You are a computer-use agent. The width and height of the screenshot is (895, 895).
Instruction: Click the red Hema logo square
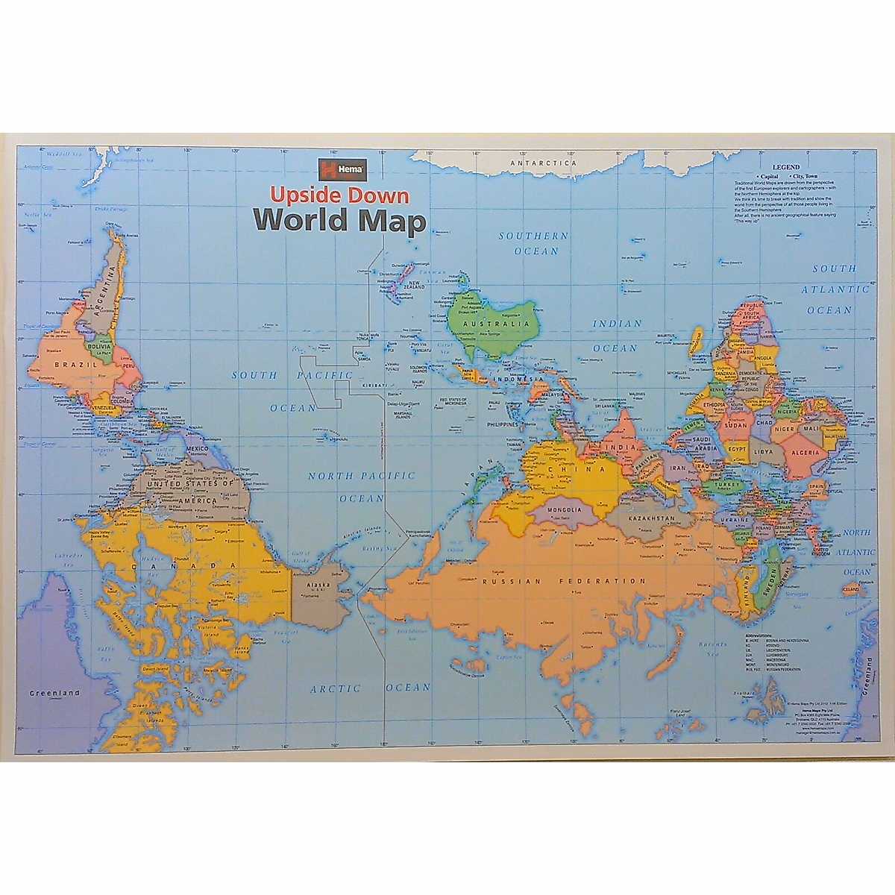pos(326,169)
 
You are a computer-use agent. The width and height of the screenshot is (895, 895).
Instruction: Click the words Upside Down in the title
pos(339,195)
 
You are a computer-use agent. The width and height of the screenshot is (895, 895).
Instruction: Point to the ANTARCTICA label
pos(544,162)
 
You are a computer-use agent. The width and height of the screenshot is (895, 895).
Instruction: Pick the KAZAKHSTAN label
pos(651,518)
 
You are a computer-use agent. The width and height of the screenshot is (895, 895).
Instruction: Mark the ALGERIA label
pos(806,452)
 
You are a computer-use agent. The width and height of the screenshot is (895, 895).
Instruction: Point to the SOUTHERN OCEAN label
pos(535,243)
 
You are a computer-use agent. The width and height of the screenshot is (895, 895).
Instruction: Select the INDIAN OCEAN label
pos(616,336)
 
